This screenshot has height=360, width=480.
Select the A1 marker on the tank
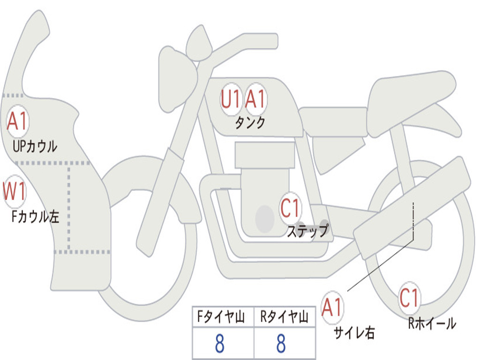(x=255, y=99)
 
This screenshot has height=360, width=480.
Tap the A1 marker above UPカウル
(x=18, y=121)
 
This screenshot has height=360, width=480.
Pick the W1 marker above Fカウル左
(x=15, y=191)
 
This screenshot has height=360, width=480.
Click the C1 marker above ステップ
(x=290, y=208)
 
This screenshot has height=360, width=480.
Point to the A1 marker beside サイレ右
(x=332, y=307)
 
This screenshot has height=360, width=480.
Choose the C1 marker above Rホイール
(x=410, y=298)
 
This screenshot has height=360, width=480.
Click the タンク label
(x=250, y=123)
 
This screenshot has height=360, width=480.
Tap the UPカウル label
(x=35, y=146)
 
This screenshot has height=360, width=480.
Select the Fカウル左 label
(x=35, y=216)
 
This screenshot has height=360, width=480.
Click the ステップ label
(x=307, y=231)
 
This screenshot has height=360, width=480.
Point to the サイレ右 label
(x=354, y=333)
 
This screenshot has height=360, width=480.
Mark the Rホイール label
(x=432, y=323)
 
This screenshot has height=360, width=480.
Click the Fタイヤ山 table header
(x=221, y=317)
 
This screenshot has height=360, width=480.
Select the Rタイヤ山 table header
(x=284, y=317)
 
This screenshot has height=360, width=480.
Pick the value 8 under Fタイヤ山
(x=219, y=343)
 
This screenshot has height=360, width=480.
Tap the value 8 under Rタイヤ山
(x=281, y=343)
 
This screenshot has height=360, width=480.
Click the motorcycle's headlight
(x=178, y=79)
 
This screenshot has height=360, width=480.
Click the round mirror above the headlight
(x=199, y=44)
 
